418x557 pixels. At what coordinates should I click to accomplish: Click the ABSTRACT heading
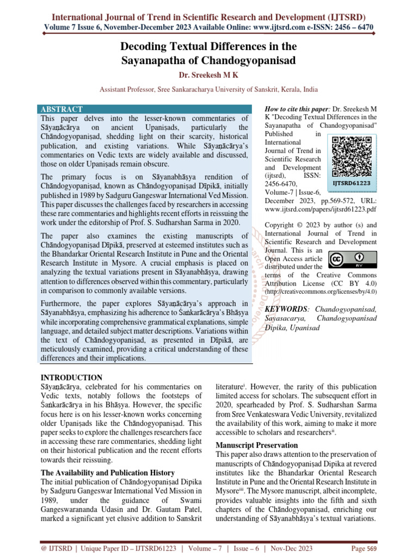click(x=62, y=109)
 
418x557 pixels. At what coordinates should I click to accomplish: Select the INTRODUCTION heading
click(x=72, y=377)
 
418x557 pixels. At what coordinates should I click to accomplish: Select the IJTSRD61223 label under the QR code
click(x=352, y=183)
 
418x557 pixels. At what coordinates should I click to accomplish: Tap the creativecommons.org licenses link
click(x=320, y=292)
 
